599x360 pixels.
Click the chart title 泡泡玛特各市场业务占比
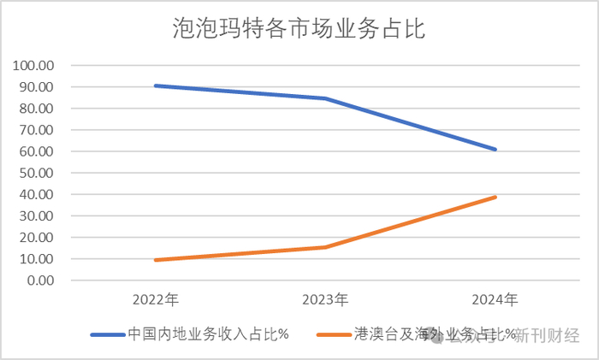click(299, 30)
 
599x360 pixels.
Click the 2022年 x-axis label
click(155, 300)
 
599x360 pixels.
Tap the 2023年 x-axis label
click(325, 300)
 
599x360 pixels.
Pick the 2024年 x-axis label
click(495, 300)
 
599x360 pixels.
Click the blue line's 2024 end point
click(495, 150)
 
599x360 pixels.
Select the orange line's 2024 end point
click(495, 197)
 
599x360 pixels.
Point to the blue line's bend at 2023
click(325, 98)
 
